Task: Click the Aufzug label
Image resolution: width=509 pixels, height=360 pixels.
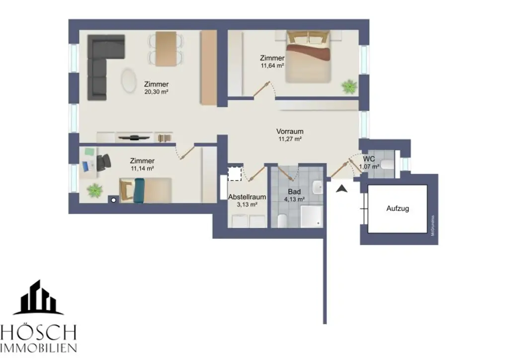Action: [398, 209]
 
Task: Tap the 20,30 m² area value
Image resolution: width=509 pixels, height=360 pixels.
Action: [156, 92]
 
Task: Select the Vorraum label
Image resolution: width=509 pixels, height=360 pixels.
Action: [290, 132]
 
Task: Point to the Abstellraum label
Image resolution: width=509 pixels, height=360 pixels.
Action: [247, 197]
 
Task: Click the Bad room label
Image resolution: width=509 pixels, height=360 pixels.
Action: [294, 191]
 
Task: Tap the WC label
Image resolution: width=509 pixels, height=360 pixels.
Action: [368, 159]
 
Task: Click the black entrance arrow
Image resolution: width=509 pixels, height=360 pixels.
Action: [341, 188]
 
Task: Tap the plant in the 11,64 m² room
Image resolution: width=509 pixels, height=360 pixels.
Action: [349, 87]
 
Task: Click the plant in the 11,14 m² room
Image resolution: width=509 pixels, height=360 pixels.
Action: [94, 189]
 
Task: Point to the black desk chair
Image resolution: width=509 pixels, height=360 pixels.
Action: [104, 162]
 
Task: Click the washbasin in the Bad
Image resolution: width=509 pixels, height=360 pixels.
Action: [318, 188]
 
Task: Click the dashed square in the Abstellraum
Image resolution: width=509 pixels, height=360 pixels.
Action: [234, 174]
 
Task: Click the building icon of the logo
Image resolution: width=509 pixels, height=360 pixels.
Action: [38, 298]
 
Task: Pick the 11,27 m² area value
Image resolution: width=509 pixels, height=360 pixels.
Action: [290, 140]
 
